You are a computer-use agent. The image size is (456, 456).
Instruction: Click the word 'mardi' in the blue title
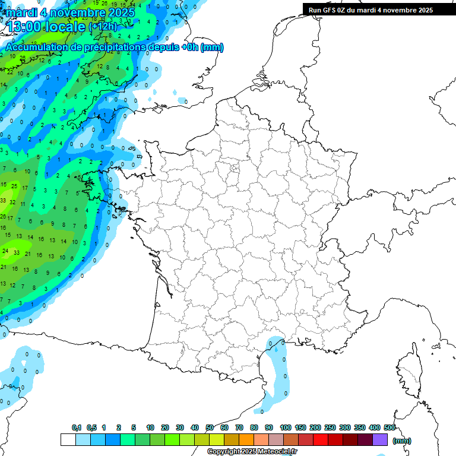21,12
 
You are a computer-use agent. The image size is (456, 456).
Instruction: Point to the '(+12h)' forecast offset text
103,27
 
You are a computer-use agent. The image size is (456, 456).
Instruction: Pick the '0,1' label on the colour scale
76,427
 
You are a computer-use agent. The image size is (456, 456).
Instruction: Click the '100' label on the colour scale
286,427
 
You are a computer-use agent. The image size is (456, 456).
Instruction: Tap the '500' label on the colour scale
389,427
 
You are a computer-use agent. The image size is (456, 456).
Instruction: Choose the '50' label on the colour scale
210,427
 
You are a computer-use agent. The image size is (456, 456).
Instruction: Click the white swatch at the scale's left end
68,440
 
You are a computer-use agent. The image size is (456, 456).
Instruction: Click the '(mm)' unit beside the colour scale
402,441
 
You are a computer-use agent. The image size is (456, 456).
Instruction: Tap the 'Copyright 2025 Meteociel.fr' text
252,451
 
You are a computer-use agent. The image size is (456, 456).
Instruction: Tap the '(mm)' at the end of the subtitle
211,47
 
